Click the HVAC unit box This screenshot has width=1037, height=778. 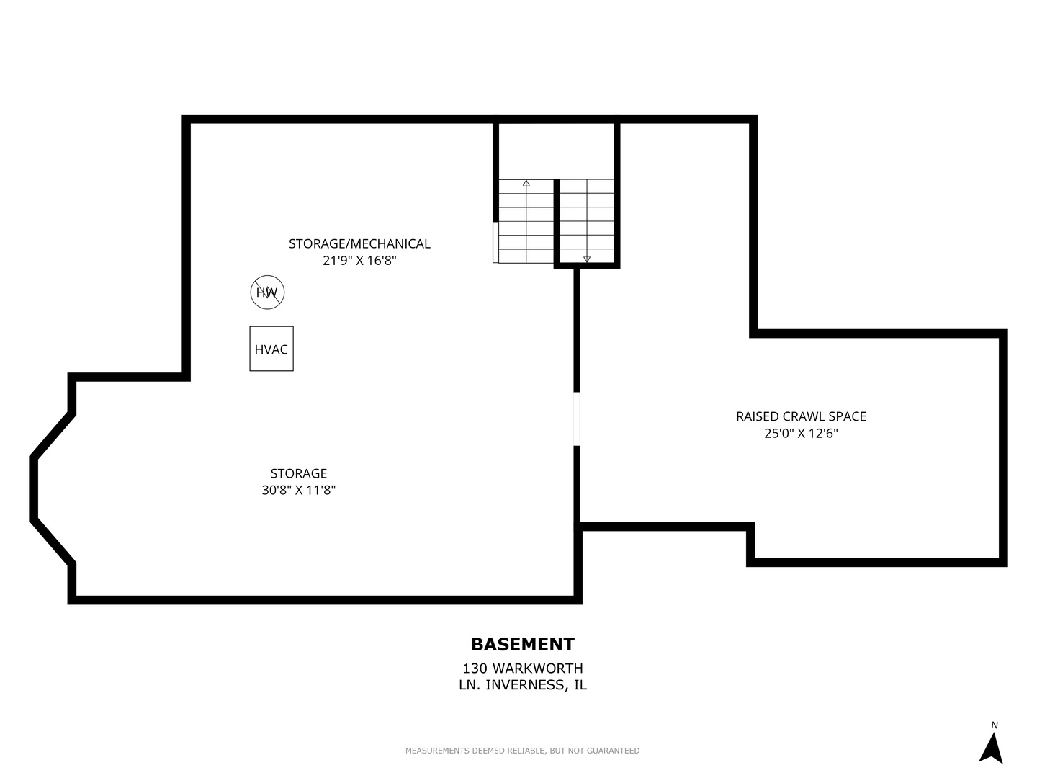coord(271,349)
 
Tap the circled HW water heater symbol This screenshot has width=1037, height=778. coord(267,292)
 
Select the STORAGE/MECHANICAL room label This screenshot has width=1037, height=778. coord(359,243)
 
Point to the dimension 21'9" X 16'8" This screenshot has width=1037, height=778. coord(359,261)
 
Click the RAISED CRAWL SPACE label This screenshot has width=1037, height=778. coord(801,416)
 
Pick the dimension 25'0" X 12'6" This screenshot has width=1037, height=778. coord(801,434)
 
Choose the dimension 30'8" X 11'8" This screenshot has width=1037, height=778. coord(299,491)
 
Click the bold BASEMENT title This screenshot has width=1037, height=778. coord(523,644)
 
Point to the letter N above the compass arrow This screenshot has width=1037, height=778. coord(995,725)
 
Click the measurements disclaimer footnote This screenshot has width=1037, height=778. coord(522,751)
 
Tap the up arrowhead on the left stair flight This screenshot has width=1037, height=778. coord(526,183)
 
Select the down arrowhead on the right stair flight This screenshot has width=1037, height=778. coord(587,259)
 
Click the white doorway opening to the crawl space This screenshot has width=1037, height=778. coord(577,419)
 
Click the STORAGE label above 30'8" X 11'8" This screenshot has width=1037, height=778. coord(299,473)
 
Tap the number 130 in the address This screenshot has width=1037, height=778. coord(475,669)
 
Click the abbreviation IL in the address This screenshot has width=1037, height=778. coord(580,685)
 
